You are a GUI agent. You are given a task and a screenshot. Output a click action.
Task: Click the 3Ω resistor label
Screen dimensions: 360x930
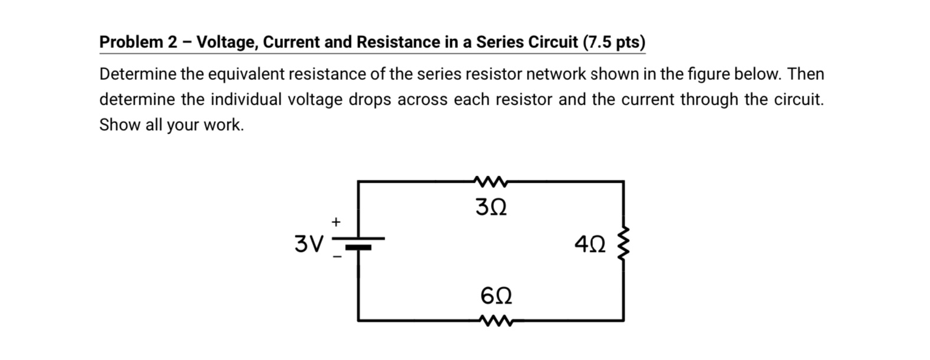click(491, 207)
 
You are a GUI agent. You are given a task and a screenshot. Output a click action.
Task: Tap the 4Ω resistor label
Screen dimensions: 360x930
click(590, 244)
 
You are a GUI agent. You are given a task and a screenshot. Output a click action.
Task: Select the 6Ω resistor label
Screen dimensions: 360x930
click(496, 295)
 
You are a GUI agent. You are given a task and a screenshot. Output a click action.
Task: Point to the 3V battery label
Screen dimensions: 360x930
click(309, 244)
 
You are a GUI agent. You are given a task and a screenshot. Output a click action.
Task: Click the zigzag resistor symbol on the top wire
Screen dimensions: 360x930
click(490, 180)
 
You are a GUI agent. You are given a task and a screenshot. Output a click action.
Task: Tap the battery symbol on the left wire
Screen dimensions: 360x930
click(359, 243)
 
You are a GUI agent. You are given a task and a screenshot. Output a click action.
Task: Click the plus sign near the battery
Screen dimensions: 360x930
click(336, 222)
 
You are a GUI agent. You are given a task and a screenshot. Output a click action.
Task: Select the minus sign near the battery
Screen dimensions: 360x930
click(336, 257)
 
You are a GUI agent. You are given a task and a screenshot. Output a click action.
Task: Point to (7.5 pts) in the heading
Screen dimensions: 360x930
click(614, 43)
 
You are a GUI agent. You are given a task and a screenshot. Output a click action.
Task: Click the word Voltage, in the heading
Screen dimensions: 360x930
click(227, 43)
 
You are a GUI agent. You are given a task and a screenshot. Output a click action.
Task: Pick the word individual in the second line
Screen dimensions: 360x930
click(246, 99)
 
